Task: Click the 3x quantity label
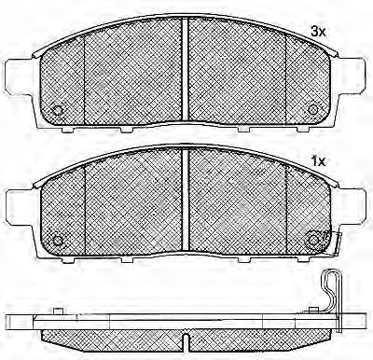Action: (318, 32)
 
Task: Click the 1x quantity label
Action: (318, 161)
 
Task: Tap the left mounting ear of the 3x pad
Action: (20, 76)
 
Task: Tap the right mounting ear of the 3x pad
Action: (352, 75)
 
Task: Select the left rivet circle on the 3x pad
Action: (58, 110)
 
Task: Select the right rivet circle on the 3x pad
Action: (313, 109)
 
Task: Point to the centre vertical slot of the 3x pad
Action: (186, 68)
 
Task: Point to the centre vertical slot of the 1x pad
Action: (186, 199)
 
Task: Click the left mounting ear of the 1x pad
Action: (20, 206)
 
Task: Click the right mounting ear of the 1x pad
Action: (352, 205)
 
